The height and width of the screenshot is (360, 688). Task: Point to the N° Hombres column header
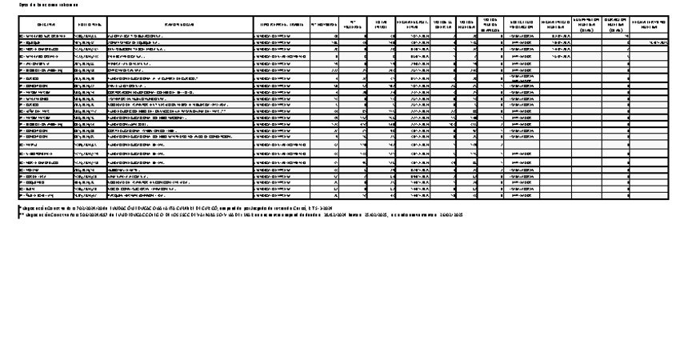(325, 25)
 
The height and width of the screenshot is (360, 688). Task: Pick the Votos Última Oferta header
(445, 25)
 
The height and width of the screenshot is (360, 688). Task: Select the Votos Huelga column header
(468, 25)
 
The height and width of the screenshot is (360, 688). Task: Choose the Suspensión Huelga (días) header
(587, 25)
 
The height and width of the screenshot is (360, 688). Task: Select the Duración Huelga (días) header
(615, 25)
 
